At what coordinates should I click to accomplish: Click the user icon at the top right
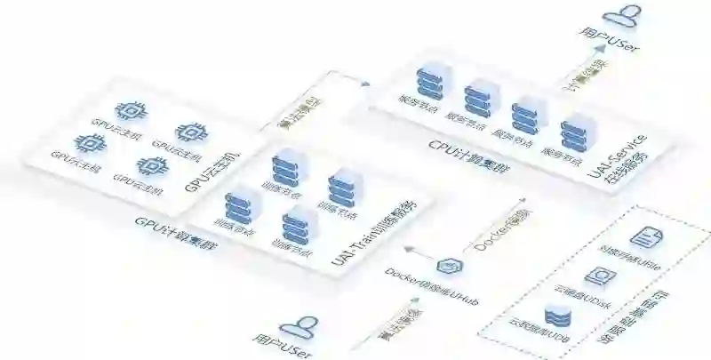623,15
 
